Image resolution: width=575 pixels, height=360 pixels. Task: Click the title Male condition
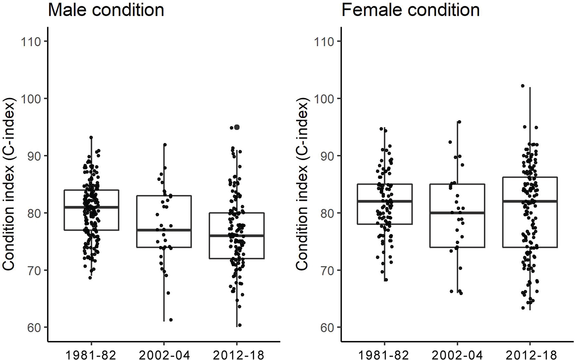pyautogui.click(x=106, y=10)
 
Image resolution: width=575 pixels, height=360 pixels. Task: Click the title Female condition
pyautogui.click(x=410, y=10)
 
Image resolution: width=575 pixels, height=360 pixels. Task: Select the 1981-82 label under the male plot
pyautogui.click(x=91, y=354)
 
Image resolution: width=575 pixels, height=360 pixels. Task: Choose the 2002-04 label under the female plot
pyautogui.click(x=457, y=354)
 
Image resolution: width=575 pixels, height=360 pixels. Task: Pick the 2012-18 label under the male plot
pyautogui.click(x=237, y=354)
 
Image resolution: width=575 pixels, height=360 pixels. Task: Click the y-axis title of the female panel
pyautogui.click(x=303, y=184)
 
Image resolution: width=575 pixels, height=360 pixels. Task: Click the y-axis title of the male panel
pyautogui.click(x=9, y=184)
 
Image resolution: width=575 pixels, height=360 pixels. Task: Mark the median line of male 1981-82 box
pyautogui.click(x=91, y=207)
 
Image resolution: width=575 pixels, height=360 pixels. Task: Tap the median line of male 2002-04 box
pyautogui.click(x=164, y=230)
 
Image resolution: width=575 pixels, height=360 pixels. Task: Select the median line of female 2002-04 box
pyautogui.click(x=457, y=213)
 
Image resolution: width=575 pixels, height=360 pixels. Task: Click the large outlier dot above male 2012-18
pyautogui.click(x=237, y=127)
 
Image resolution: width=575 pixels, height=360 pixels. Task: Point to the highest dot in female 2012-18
pyautogui.click(x=522, y=86)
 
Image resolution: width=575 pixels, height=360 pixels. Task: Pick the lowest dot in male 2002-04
pyautogui.click(x=170, y=320)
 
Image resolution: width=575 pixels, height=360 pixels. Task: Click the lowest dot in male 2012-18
pyautogui.click(x=240, y=325)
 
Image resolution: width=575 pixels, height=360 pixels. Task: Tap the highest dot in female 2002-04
pyautogui.click(x=459, y=122)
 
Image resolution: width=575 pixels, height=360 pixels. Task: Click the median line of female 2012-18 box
pyautogui.click(x=530, y=201)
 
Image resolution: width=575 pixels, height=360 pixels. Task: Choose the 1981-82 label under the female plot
pyautogui.click(x=384, y=354)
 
